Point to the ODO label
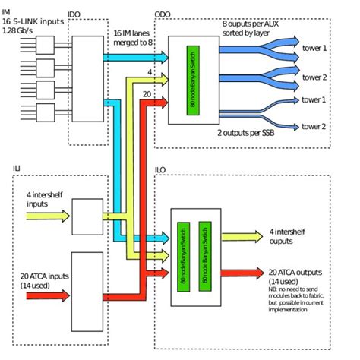tap(163, 14)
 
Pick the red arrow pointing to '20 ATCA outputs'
tap(240, 271)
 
